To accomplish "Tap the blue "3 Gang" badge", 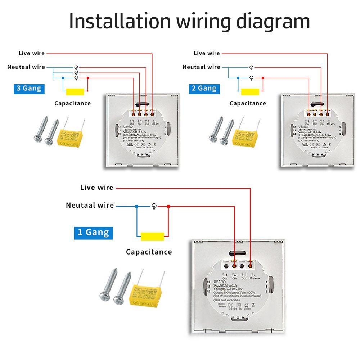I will point(29,88).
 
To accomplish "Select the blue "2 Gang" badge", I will point(204,88).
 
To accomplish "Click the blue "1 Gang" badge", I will point(93,232).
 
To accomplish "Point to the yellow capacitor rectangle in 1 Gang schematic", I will point(153,236).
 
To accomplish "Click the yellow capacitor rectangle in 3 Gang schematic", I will point(73,92).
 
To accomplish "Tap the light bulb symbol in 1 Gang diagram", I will point(154,206).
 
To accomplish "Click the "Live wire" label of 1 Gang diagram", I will point(96,188).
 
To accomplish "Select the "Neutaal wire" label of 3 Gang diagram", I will point(26,67).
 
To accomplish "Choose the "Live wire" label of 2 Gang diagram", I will point(207,53).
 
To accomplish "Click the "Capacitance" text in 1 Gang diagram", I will point(149,252).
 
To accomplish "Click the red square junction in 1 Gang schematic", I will point(168,206).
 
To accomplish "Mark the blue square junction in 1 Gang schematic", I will point(136,206).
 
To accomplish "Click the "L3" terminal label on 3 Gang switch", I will point(132,122).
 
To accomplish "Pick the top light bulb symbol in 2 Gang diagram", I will point(251,68).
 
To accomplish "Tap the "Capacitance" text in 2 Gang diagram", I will point(248,103).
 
